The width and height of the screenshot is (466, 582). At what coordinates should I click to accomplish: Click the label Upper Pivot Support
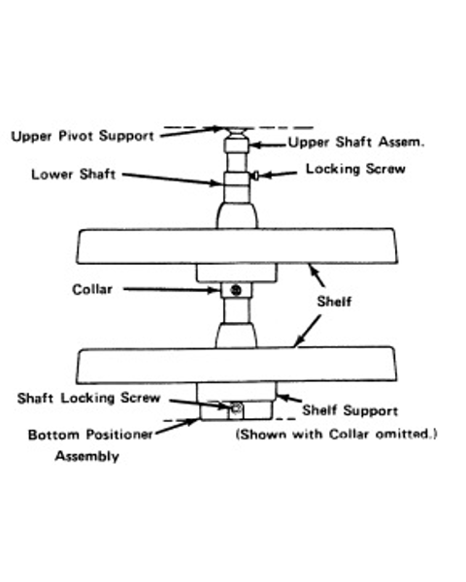coord(83,136)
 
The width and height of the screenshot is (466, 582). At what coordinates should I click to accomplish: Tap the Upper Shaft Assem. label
coord(356,143)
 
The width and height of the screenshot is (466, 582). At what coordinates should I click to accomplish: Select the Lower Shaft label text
coord(73,175)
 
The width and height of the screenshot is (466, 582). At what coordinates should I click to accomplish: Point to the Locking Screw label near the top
coord(355,169)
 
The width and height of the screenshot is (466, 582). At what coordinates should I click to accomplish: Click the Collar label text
coord(92,289)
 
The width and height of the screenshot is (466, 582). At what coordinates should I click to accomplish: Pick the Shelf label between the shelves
coord(334,302)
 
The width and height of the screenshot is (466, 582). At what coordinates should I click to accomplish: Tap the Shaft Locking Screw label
coord(88,399)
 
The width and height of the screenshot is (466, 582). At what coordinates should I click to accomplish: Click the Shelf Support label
coord(350,410)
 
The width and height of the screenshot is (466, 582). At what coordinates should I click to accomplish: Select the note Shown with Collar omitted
coord(337,434)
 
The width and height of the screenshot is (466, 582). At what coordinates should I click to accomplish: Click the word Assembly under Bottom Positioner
coord(87,456)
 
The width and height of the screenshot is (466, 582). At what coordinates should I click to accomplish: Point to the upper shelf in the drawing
coord(237,246)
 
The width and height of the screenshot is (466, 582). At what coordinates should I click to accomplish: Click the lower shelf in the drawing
coord(237,365)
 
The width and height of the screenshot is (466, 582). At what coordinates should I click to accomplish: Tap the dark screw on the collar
coord(236,290)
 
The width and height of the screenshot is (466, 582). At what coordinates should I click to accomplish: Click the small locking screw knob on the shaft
coord(255,175)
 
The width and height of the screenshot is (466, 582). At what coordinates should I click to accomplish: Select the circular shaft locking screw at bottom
coord(236,408)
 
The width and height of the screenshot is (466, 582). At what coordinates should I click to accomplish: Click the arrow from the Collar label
coord(172,289)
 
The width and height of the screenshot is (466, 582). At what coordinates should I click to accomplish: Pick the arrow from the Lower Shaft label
coord(173,178)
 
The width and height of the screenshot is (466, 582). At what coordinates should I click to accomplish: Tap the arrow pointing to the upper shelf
coord(316,275)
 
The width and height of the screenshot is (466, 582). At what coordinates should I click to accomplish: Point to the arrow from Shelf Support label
coord(289,399)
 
